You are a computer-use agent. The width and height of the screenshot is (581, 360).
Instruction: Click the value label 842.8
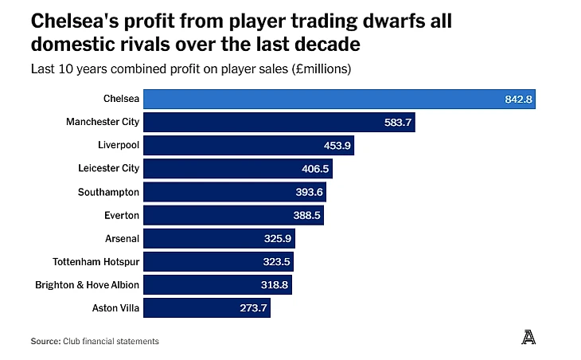click(x=517, y=99)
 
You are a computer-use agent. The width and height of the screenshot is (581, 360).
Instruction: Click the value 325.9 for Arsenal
click(x=278, y=238)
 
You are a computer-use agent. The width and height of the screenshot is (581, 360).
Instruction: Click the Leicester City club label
click(x=109, y=168)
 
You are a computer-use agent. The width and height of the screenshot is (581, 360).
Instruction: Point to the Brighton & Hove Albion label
click(x=87, y=284)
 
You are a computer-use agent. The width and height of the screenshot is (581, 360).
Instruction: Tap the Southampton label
click(x=108, y=192)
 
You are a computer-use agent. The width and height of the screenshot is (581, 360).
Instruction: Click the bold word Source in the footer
click(x=45, y=341)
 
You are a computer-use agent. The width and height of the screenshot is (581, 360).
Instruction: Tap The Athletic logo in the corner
click(x=528, y=338)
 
